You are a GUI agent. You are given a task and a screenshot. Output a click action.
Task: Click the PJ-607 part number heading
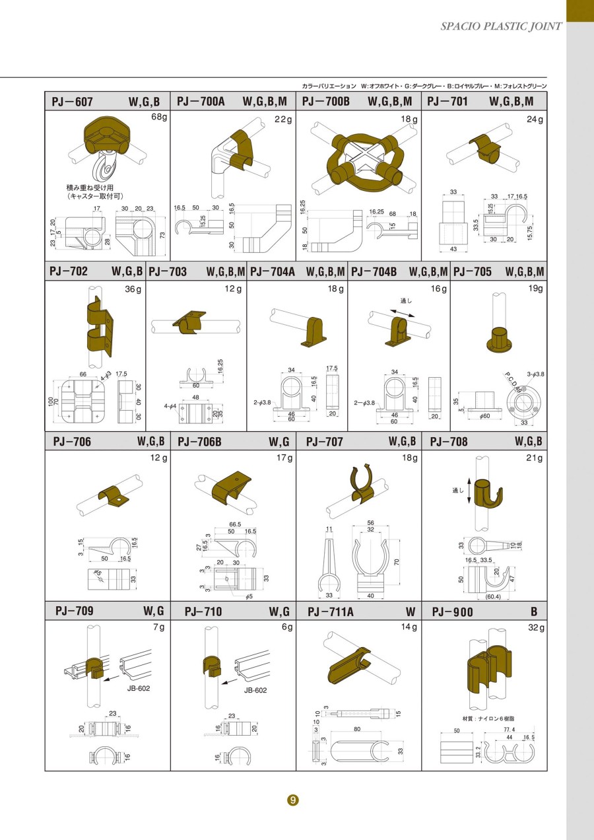(x=73, y=102)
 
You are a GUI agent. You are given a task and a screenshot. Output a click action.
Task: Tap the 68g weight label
(x=160, y=118)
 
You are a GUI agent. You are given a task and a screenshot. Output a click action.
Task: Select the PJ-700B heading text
(x=326, y=102)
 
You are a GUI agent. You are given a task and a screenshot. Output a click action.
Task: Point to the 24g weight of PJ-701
(x=535, y=120)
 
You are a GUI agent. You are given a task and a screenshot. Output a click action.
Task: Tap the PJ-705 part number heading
(x=473, y=271)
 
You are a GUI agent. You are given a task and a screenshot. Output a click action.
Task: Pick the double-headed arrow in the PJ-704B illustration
(x=403, y=312)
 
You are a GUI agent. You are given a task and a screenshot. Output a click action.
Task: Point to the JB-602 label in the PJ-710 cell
(x=255, y=690)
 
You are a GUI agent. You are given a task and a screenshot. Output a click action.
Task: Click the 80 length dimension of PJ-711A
(x=357, y=729)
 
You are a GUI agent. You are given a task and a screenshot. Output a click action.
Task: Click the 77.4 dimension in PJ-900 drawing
(x=509, y=730)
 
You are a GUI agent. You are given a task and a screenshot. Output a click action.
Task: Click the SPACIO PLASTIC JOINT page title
(x=501, y=26)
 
